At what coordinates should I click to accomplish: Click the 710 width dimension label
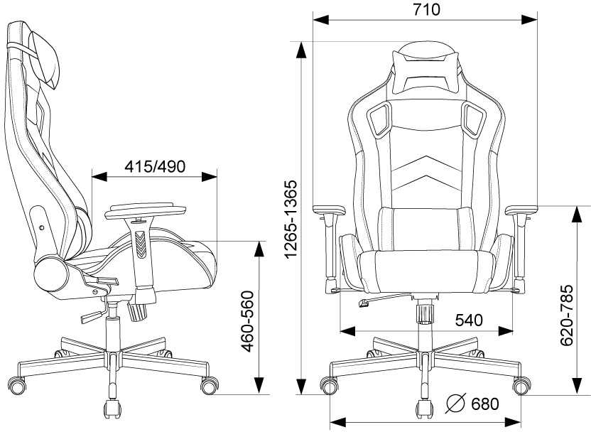click(426, 9)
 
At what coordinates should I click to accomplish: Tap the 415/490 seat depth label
click(155, 166)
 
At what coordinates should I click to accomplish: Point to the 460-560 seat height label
click(249, 321)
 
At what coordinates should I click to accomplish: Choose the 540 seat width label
click(469, 320)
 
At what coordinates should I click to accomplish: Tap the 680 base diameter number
click(485, 404)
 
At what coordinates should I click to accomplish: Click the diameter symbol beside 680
click(456, 404)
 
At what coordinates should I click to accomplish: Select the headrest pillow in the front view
click(426, 73)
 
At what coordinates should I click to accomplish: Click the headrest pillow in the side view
click(45, 57)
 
